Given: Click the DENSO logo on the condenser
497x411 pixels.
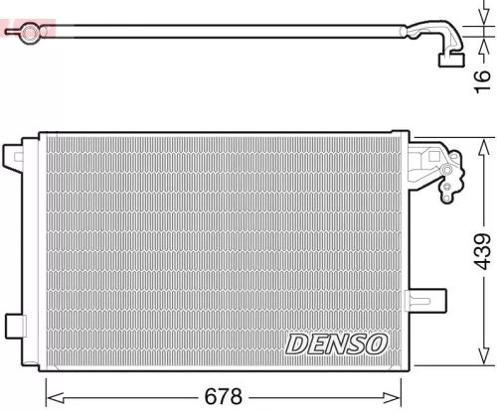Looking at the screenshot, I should (336, 343).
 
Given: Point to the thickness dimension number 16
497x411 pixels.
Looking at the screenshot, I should (481, 75).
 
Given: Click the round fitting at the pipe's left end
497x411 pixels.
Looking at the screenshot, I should (29, 34).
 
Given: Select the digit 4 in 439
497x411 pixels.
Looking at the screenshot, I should (479, 265).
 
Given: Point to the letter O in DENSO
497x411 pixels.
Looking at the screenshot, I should (374, 343).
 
